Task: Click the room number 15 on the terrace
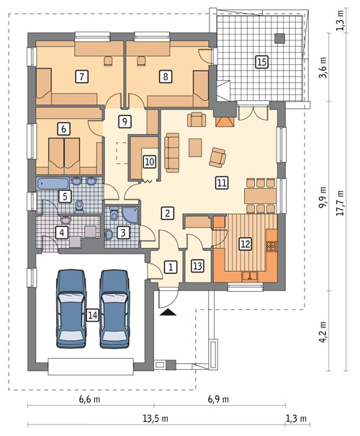(261, 62)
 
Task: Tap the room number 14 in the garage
(91, 314)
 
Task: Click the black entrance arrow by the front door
(169, 311)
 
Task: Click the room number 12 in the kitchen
(245, 244)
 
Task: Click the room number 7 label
(82, 75)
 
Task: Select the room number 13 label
(197, 265)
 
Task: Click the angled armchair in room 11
(217, 156)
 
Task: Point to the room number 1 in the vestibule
(170, 267)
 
